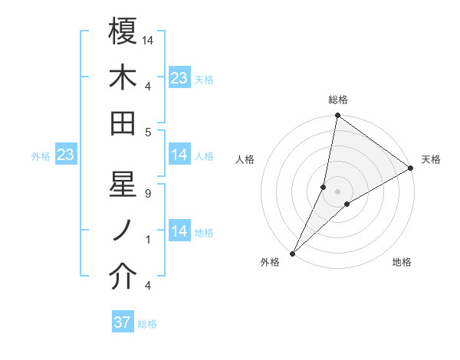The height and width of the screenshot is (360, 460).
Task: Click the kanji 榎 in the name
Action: [x=123, y=31]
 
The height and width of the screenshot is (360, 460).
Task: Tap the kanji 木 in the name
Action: [x=123, y=77]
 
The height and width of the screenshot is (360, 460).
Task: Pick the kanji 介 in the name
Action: [x=123, y=277]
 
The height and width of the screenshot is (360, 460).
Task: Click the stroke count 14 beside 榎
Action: [x=149, y=40]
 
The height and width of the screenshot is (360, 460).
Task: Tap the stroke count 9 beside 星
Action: [x=147, y=194]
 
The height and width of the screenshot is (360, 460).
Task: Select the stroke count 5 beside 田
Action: [x=147, y=132]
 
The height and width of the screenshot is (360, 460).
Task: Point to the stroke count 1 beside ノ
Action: [x=147, y=240]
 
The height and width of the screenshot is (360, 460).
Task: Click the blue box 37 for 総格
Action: [x=123, y=322]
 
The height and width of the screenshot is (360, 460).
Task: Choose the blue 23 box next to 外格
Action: [x=65, y=155]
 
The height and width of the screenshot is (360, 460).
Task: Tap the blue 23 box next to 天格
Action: [x=179, y=78]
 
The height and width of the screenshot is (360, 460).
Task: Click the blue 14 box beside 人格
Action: [x=179, y=155]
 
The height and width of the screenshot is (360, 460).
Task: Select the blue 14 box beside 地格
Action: [x=179, y=231]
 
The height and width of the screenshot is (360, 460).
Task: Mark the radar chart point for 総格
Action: [x=337, y=116]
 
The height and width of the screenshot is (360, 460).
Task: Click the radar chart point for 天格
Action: [x=411, y=169]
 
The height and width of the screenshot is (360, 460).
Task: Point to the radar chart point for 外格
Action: [x=292, y=254]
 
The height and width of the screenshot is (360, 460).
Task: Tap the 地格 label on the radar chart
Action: [x=402, y=263]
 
